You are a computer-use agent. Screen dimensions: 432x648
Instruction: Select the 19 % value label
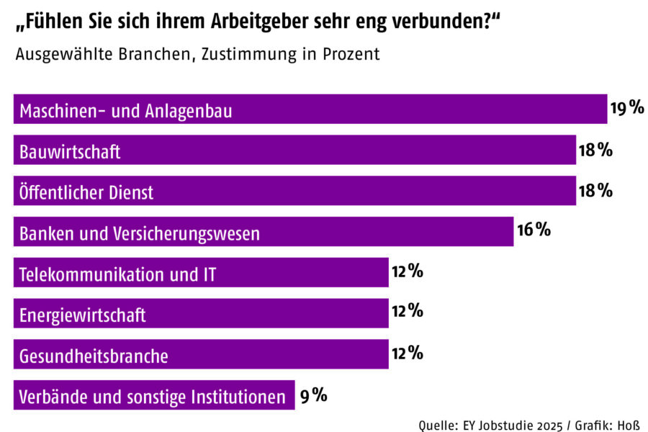coord(626,109)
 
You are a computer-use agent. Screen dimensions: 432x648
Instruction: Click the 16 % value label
coord(534,230)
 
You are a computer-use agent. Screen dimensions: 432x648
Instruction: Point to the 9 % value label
coord(314,395)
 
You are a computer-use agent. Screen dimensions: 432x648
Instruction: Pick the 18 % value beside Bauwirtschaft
coord(595,150)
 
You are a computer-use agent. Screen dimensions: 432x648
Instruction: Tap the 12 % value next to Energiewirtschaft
coord(407,312)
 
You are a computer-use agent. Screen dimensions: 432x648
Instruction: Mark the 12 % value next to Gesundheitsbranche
coord(407,353)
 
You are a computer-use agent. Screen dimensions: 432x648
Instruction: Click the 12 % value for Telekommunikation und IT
coord(407,271)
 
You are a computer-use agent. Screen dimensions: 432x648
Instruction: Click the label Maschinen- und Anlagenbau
coord(127,111)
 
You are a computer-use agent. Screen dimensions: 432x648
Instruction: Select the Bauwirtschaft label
coord(70,152)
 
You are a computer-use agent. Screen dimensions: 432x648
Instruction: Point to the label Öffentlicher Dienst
coord(86,192)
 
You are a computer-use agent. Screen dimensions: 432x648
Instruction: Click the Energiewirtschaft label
coord(83,315)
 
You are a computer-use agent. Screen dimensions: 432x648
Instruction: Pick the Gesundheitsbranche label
coord(94,356)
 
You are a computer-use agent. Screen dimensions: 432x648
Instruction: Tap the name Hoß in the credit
coord(630,424)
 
